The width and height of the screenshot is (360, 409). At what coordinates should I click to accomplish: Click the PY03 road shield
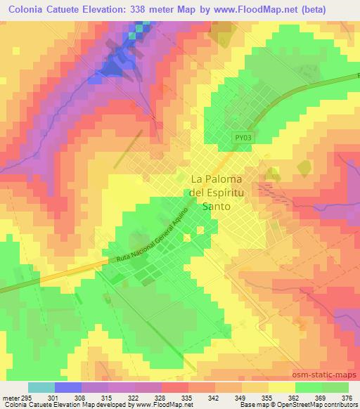pyautogui.click(x=242, y=138)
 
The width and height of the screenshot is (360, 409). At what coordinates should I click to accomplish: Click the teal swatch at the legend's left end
pyautogui.click(x=41, y=387)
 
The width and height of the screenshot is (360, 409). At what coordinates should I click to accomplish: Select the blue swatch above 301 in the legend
pyautogui.click(x=68, y=387)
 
